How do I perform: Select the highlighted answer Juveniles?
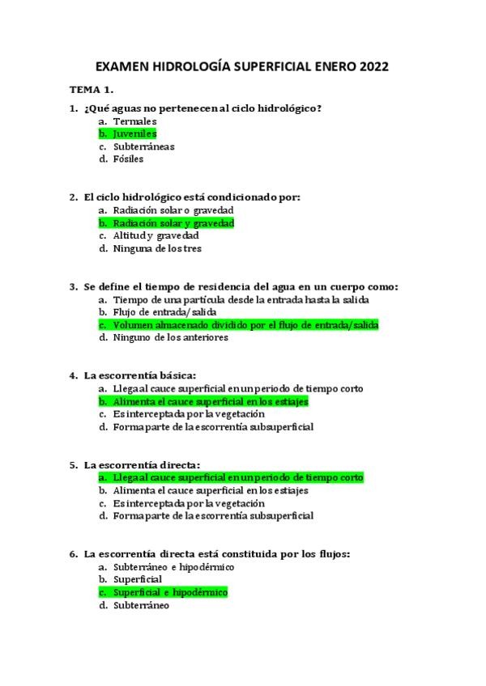click(x=134, y=133)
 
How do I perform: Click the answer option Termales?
click(x=134, y=121)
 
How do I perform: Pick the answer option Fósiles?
click(x=128, y=159)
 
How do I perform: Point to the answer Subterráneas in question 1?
click(x=143, y=146)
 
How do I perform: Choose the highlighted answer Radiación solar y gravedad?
click(x=173, y=222)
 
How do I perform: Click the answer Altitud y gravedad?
click(x=156, y=235)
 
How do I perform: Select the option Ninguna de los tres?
click(x=157, y=248)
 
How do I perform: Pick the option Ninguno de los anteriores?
click(x=170, y=337)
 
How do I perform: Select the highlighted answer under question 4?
click(x=211, y=401)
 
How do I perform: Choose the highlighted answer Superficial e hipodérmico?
click(x=170, y=592)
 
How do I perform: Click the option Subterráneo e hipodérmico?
click(x=173, y=567)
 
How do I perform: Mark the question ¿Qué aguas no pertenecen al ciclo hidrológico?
click(x=202, y=108)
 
